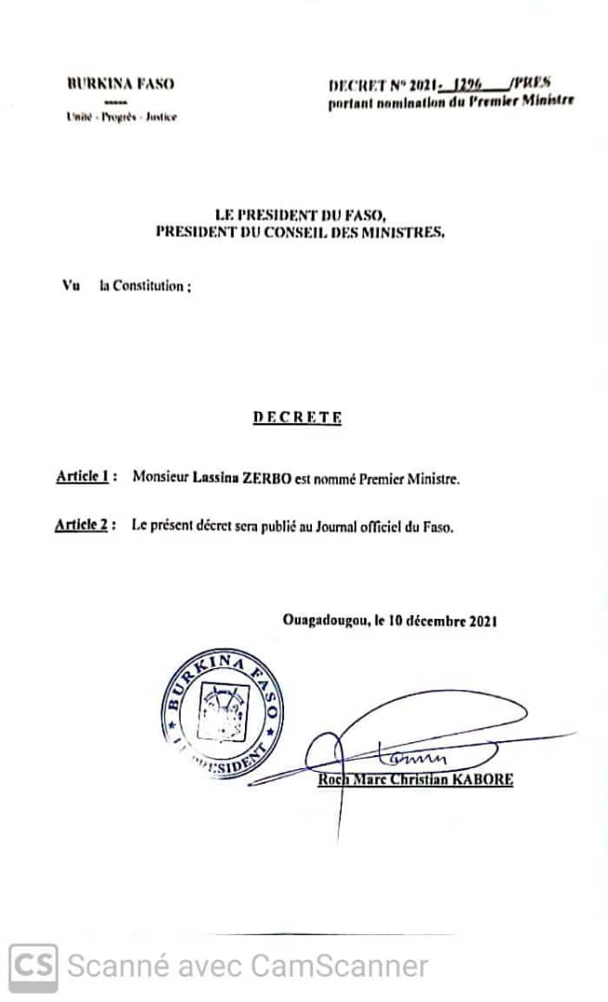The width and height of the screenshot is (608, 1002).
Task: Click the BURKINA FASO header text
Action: click(121, 83)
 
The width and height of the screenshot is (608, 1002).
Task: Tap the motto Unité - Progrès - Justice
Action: click(121, 117)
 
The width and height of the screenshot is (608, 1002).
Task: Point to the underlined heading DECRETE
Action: click(297, 417)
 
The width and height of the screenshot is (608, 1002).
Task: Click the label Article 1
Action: click(84, 477)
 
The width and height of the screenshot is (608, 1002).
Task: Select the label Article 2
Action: click(84, 526)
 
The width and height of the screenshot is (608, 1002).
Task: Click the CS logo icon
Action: click(33, 967)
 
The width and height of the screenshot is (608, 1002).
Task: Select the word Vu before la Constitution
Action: click(71, 287)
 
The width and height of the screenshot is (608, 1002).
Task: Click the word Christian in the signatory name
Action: click(414, 779)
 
